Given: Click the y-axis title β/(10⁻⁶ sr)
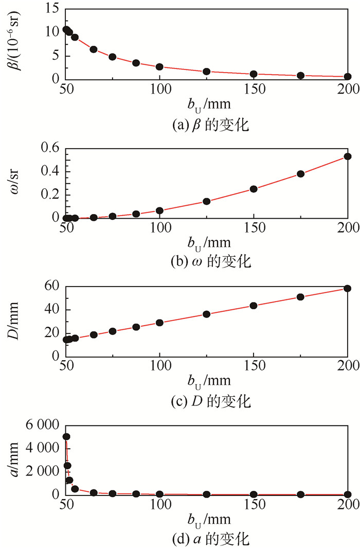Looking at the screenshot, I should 14,44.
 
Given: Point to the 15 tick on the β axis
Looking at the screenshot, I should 50,9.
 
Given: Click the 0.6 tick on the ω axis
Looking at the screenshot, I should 48,148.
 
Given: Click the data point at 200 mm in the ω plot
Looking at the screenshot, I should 348,156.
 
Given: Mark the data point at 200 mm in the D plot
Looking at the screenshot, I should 348,289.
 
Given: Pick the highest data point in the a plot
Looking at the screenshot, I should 66,437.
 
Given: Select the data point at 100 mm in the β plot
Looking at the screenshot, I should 160,67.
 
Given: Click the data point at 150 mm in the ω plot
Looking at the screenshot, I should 254,189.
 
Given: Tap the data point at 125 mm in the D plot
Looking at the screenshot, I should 207,314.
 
